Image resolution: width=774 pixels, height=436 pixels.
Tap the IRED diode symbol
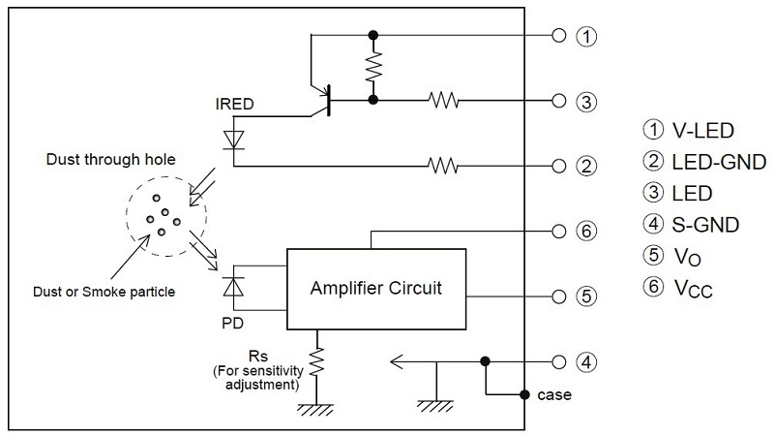233,140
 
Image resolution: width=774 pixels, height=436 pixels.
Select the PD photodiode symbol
233,287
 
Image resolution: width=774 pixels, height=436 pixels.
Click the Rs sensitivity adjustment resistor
316,361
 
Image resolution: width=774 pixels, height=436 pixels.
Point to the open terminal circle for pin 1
559,36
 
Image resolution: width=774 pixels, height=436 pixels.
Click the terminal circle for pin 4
559,361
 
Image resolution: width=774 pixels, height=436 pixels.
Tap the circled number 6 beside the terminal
586,231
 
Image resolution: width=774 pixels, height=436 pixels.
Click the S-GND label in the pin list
705,225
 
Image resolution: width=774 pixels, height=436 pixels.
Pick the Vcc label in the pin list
693,288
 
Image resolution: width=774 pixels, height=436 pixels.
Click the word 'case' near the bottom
554,395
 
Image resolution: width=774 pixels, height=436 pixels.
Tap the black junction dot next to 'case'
524,394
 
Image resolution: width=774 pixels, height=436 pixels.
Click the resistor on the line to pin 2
443,166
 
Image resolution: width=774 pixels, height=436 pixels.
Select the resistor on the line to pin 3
443,101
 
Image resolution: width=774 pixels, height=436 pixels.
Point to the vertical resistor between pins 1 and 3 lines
373,67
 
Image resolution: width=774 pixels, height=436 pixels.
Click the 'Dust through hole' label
110,159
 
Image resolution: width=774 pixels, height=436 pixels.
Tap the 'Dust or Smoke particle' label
104,292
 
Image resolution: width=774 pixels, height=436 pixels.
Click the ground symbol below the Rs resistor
315,410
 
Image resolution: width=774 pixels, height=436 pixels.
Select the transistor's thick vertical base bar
329,101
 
